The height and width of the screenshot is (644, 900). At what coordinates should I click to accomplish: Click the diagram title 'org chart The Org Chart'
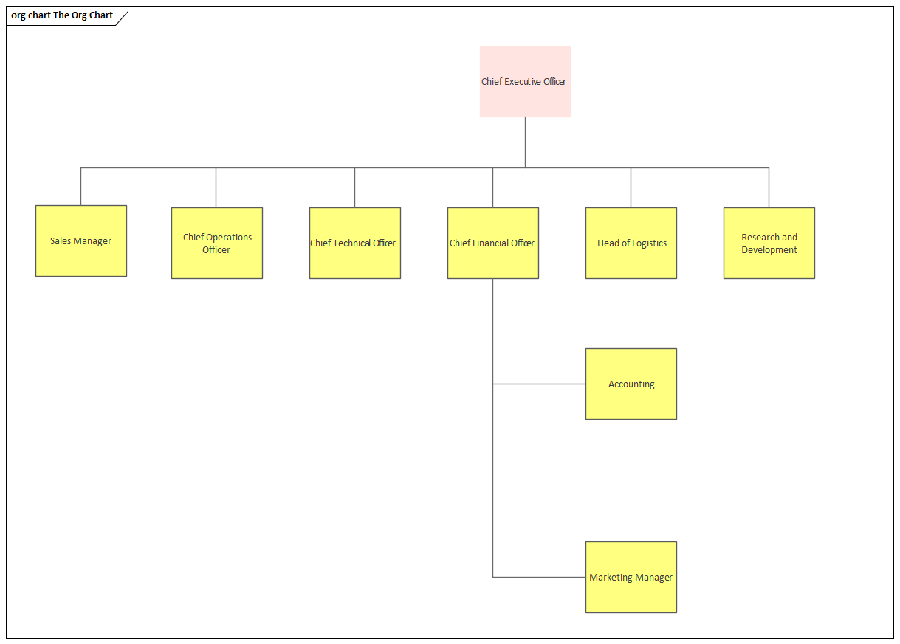(x=63, y=15)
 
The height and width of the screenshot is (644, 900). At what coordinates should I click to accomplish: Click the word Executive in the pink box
(x=523, y=82)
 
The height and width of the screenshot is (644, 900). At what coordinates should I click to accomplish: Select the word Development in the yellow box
(x=769, y=250)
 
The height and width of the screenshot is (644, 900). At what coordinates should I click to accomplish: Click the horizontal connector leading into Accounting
(x=539, y=384)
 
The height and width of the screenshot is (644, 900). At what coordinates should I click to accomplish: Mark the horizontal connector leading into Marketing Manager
(x=539, y=577)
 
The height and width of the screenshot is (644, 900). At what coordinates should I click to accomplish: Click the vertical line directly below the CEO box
(x=525, y=142)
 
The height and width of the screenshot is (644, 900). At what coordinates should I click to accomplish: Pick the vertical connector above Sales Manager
(x=81, y=186)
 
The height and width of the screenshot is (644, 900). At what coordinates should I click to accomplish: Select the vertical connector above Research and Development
(x=769, y=187)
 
